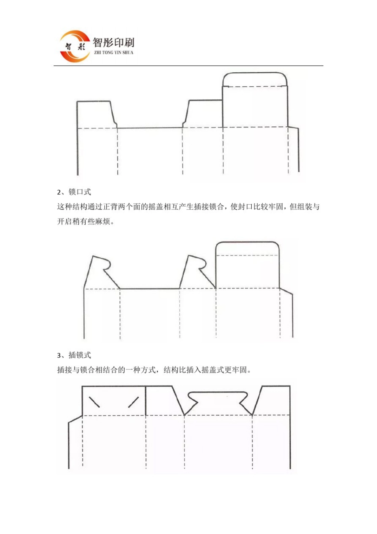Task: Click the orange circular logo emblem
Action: [x=75, y=46]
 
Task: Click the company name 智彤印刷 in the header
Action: [x=113, y=43]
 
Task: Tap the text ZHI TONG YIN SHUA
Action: [x=113, y=52]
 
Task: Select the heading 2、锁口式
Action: [x=74, y=192]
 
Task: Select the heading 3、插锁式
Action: [x=74, y=355]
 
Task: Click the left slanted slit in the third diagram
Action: [x=94, y=402]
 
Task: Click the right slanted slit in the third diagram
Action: [x=133, y=402]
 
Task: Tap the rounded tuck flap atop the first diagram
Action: [x=255, y=79]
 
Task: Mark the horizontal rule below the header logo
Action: [x=188, y=66]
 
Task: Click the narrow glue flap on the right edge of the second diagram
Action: [x=287, y=314]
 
